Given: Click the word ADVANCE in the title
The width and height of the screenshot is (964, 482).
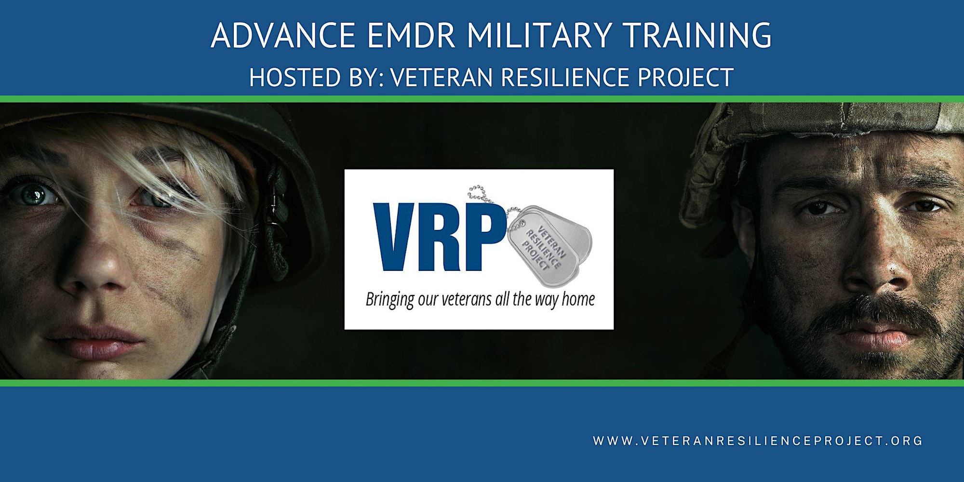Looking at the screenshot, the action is tap(283, 35).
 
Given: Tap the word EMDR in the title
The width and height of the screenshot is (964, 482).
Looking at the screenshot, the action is tap(411, 35).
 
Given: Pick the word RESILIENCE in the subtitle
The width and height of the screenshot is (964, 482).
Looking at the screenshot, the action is tap(565, 77).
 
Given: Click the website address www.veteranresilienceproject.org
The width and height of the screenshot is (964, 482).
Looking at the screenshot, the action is tap(758, 441).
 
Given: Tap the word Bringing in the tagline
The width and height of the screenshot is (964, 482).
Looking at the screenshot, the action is tap(389, 300).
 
